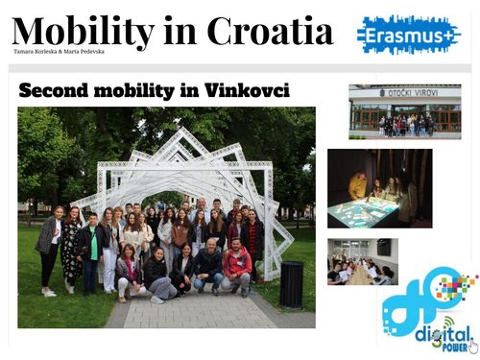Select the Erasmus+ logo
point(407,35)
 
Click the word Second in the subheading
point(58,91)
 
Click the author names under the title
point(59,51)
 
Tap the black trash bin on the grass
point(292,284)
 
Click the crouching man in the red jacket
point(236,268)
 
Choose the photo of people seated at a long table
point(362,262)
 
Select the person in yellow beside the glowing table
point(357,185)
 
